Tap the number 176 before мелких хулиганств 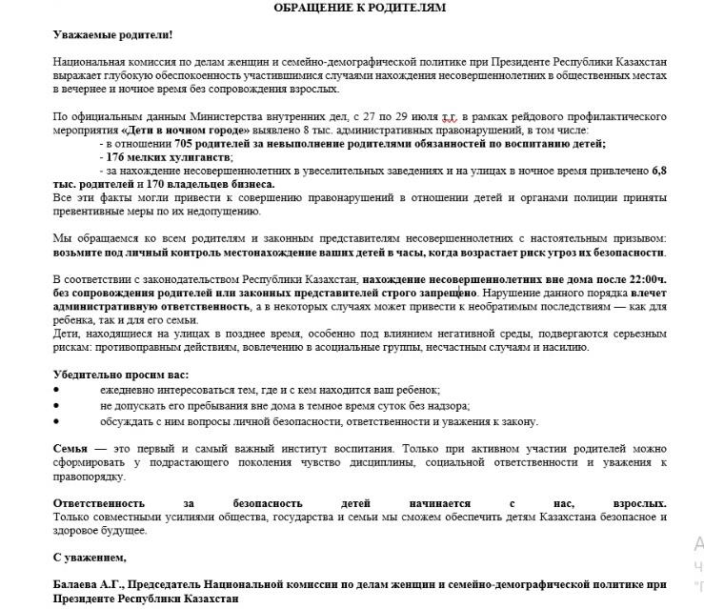pyautogui.click(x=116, y=156)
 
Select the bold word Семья pyautogui.click(x=72, y=447)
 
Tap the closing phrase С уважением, pyautogui.click(x=90, y=557)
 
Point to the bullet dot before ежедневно pyautogui.click(x=56, y=391)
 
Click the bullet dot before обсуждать pyautogui.click(x=56, y=421)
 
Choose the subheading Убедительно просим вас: pyautogui.click(x=121, y=375)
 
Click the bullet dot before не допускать pyautogui.click(x=56, y=406)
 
